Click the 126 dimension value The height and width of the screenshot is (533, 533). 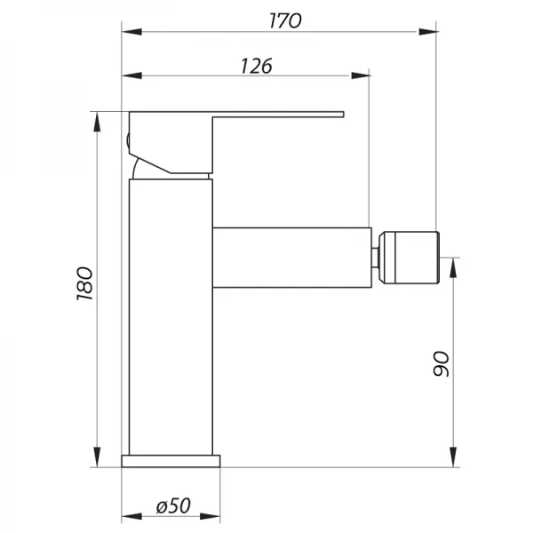pyautogui.click(x=255, y=65)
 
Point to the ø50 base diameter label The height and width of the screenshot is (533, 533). pyautogui.click(x=173, y=506)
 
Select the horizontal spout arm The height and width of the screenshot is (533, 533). pyautogui.click(x=290, y=258)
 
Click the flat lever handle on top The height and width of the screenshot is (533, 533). pyautogui.click(x=266, y=115)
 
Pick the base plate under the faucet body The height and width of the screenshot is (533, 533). pyautogui.click(x=171, y=460)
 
